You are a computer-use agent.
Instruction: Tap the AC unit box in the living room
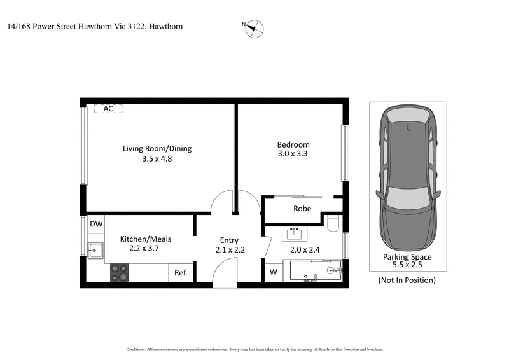(108, 109)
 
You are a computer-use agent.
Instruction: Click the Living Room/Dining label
(157, 149)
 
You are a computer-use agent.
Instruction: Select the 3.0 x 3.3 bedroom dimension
(293, 154)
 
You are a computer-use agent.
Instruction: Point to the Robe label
(302, 209)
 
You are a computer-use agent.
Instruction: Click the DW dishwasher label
(96, 224)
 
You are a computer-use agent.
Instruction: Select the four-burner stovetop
(119, 272)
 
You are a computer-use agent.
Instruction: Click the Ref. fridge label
(181, 273)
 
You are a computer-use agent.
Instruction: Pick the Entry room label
(229, 240)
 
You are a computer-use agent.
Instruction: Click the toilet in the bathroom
(331, 223)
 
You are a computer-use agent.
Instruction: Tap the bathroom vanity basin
(295, 232)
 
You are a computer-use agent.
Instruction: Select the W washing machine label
(274, 273)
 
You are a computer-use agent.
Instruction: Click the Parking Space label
(407, 258)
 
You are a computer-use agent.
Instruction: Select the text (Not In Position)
(407, 280)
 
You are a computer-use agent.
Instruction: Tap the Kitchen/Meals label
(146, 239)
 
